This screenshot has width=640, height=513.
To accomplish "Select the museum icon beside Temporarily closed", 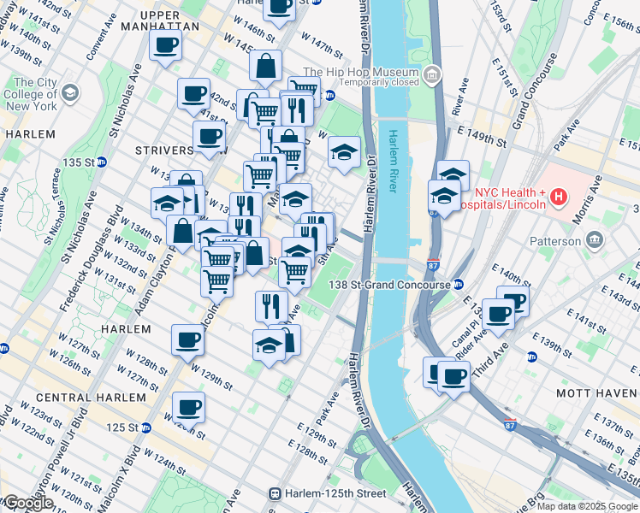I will click(x=432, y=78).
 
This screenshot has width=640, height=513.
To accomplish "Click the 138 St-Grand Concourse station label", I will click(x=391, y=284).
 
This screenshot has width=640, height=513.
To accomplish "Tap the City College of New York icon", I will click(x=69, y=91).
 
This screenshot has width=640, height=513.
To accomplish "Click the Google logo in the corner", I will click(x=28, y=502).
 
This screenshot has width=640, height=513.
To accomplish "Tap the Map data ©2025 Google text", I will click(x=587, y=506).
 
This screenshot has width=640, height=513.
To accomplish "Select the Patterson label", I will click(x=578, y=241).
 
